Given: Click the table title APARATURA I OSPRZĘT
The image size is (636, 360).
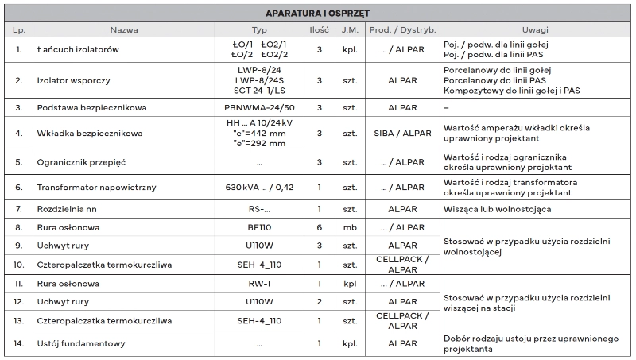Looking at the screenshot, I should (x=318, y=13).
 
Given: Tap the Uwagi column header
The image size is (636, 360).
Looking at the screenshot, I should (x=535, y=29).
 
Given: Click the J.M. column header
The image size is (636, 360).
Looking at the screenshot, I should (x=350, y=29).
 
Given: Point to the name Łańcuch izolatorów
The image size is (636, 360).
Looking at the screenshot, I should (x=77, y=49).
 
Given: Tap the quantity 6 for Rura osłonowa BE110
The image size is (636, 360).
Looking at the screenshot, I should (x=319, y=227).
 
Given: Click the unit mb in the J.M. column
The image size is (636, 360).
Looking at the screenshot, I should (x=350, y=227).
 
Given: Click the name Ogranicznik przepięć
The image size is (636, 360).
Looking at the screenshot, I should (x=82, y=162).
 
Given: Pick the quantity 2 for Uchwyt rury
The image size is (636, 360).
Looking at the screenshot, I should (x=319, y=302).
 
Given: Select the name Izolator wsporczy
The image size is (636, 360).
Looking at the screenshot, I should (x=72, y=80).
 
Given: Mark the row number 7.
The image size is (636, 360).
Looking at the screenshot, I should (x=19, y=210).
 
